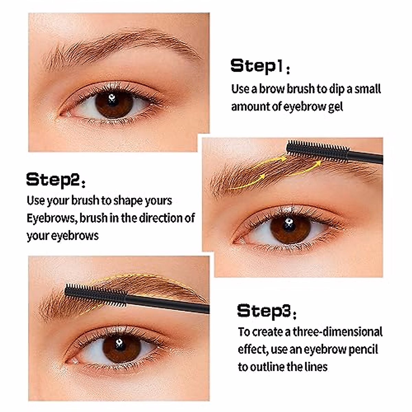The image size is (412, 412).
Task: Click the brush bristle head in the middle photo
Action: (317, 151)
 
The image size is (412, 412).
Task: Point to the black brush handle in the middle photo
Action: (366, 158)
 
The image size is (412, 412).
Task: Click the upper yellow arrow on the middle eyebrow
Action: (268, 163)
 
